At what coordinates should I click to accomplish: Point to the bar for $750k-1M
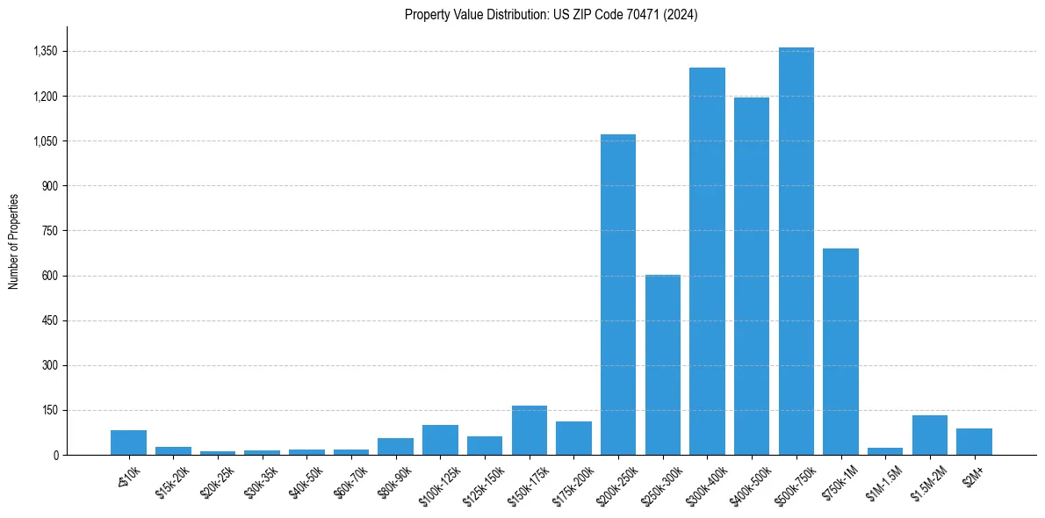tap(840, 351)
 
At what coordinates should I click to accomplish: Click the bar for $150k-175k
tap(529, 430)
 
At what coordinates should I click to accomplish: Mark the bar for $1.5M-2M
tap(929, 435)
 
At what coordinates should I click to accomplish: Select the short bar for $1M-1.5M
tap(885, 451)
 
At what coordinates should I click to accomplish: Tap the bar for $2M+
tap(974, 442)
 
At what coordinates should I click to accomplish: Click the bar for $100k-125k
tap(440, 440)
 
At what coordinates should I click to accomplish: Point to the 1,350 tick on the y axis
tap(45, 52)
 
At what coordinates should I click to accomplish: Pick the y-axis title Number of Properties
tap(14, 241)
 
